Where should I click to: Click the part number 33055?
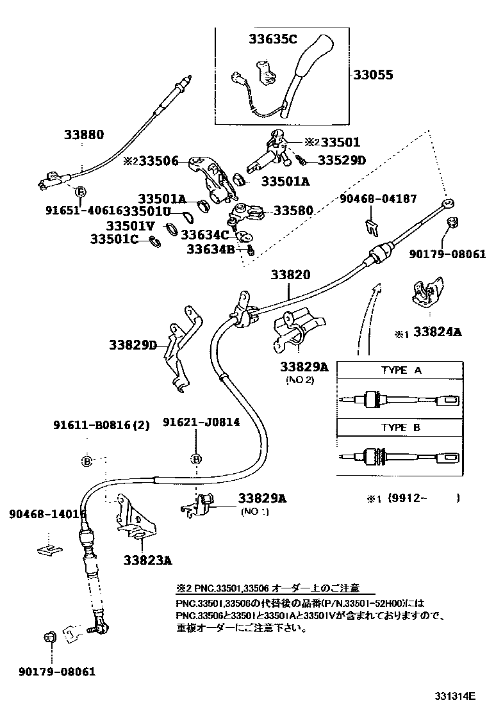[x=373, y=75]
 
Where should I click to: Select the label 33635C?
[x=273, y=40]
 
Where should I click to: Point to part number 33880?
[x=83, y=134]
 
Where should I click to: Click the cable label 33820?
[x=289, y=275]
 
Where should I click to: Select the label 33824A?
[x=437, y=332]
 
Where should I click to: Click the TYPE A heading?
[x=401, y=371]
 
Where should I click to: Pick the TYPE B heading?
[x=401, y=428]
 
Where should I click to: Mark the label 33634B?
[x=211, y=250]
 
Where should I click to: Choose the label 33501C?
[x=114, y=239]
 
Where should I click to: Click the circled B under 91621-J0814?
[x=196, y=458]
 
